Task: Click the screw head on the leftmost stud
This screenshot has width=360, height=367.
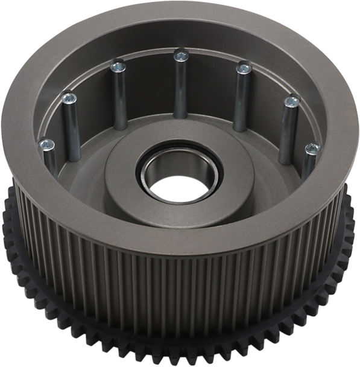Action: pyautogui.click(x=46, y=144)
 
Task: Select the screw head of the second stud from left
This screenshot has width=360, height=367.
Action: pyautogui.click(x=69, y=96)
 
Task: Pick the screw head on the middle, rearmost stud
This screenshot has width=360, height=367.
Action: pyautogui.click(x=178, y=56)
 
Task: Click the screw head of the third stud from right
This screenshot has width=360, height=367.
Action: pyautogui.click(x=242, y=68)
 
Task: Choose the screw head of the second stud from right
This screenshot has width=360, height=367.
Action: pyautogui.click(x=292, y=101)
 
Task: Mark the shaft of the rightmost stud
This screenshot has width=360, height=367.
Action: pyautogui.click(x=308, y=165)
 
